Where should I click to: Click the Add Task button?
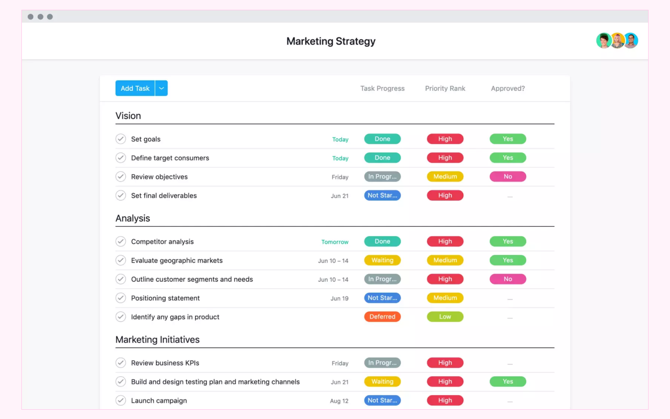pos(135,88)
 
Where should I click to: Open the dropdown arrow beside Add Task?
pos(161,88)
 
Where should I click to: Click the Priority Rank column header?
pos(445,88)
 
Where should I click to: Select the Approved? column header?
pos(508,88)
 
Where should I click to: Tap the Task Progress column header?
pos(382,88)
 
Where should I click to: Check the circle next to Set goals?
pos(121,139)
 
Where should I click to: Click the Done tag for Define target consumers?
pos(382,158)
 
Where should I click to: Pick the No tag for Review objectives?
pos(508,177)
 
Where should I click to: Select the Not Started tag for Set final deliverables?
pos(382,196)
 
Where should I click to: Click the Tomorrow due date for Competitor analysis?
pos(335,242)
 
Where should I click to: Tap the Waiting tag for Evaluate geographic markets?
pos(382,260)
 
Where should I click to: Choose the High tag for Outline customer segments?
pos(445,279)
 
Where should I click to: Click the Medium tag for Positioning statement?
pos(445,298)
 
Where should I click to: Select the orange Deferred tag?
pos(382,317)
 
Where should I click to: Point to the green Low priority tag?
pos(445,317)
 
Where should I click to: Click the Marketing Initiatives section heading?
pos(157,339)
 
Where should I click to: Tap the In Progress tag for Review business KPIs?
pos(382,363)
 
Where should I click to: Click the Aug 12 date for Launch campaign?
pos(339,401)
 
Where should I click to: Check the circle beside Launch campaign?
pos(121,400)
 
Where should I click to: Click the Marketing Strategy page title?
pos(331,41)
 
